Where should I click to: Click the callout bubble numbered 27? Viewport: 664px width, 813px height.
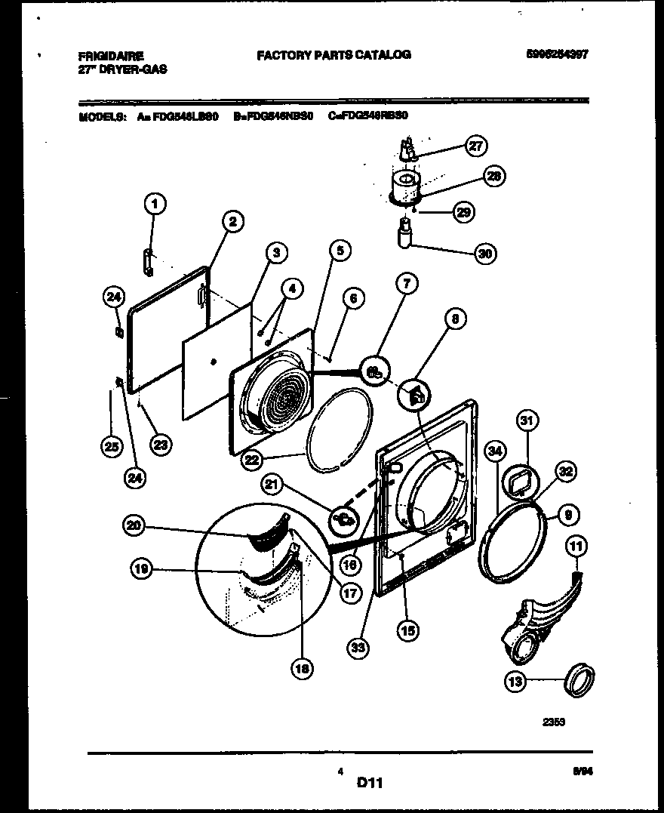tap(475, 146)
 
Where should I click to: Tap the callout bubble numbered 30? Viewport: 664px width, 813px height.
tap(485, 254)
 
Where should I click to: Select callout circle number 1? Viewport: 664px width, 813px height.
tap(155, 203)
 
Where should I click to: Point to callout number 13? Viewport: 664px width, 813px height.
tap(515, 682)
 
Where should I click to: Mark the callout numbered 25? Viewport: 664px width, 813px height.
tap(111, 447)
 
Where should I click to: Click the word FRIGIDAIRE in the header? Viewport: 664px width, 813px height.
tap(111, 55)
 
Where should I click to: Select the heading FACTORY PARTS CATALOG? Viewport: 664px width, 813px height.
tap(334, 54)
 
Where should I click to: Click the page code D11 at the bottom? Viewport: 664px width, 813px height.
tap(370, 784)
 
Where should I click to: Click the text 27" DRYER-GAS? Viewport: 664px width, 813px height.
tap(122, 69)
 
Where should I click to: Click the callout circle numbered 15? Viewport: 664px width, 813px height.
tap(409, 630)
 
